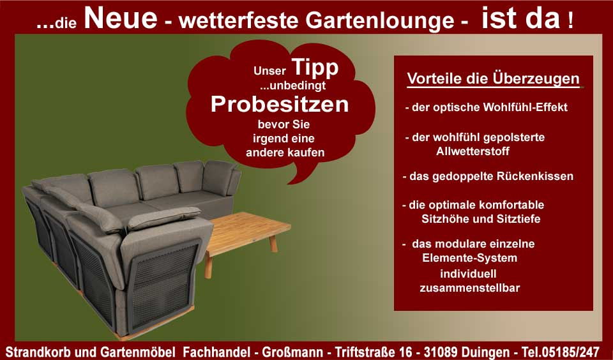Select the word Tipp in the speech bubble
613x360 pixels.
click(x=315, y=68)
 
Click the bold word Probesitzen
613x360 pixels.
click(x=280, y=104)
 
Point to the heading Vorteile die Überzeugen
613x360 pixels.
click(x=493, y=80)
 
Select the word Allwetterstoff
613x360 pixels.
click(x=473, y=151)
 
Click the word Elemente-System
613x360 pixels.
click(x=469, y=259)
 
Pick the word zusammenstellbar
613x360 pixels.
click(x=469, y=288)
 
